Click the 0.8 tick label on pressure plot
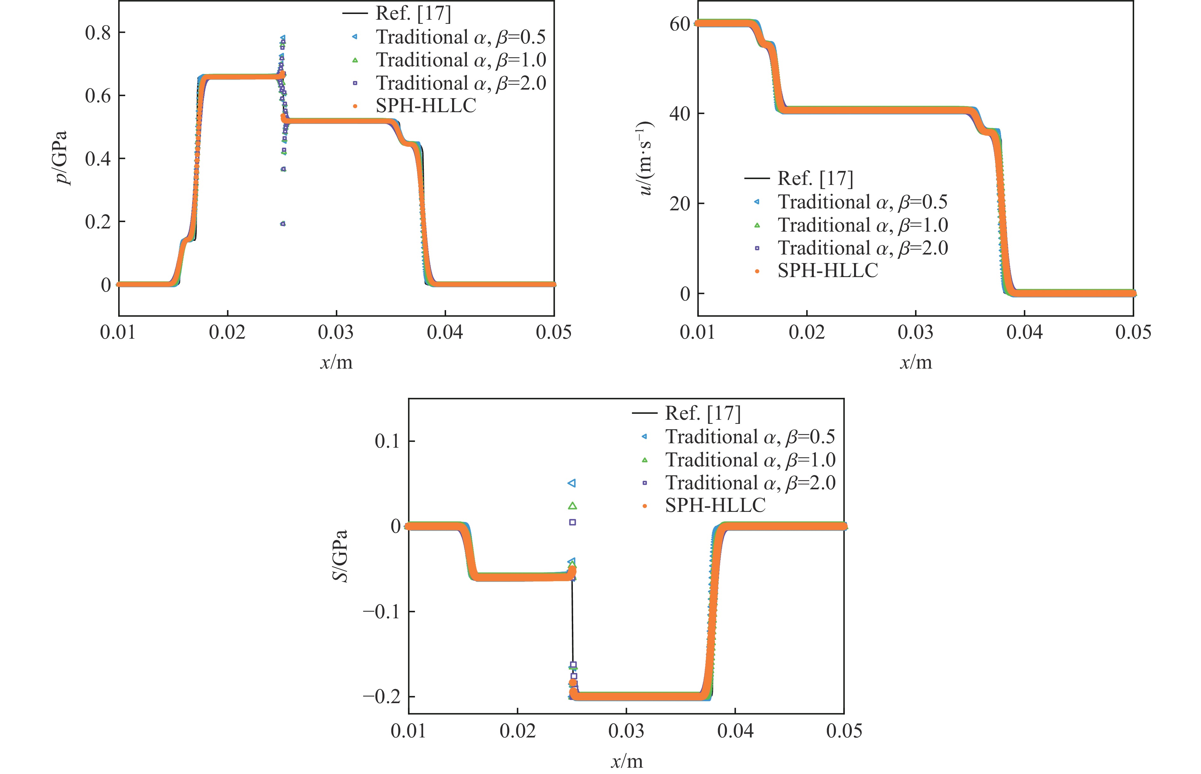(x=98, y=33)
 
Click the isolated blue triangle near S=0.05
(x=572, y=483)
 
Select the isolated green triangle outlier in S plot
(x=572, y=506)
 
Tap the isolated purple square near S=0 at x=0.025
(x=572, y=522)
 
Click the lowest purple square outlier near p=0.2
(x=283, y=224)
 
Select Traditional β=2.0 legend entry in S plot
(x=750, y=483)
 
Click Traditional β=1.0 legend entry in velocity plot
(x=862, y=225)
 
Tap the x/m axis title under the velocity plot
(x=916, y=362)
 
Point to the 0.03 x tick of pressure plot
(x=336, y=332)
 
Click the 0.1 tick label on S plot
(x=387, y=441)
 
